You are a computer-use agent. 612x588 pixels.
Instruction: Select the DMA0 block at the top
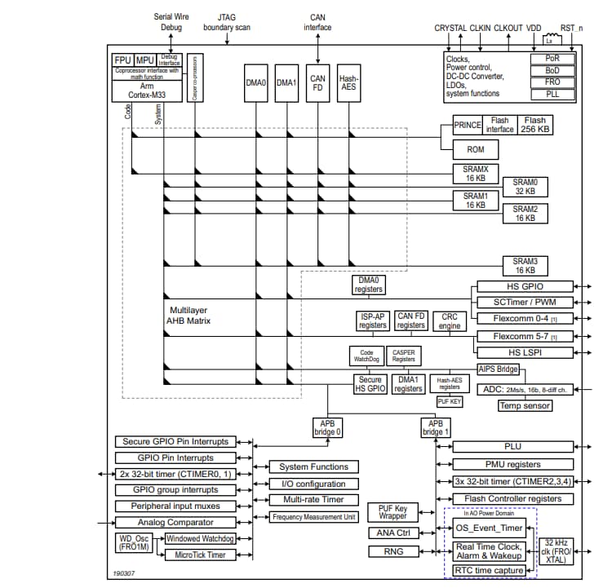tap(255, 82)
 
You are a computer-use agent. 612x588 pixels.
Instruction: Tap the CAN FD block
tap(317, 83)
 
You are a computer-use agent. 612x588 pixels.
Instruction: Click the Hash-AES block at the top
tap(349, 83)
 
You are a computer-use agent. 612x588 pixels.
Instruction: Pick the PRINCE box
tap(468, 126)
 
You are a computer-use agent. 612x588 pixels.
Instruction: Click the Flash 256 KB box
tap(535, 125)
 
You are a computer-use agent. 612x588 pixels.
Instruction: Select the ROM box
tap(475, 149)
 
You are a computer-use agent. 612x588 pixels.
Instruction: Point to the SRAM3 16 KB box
tap(525, 266)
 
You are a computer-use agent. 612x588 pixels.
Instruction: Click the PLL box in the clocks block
tap(552, 95)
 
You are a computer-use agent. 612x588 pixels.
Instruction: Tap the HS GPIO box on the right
tap(521, 286)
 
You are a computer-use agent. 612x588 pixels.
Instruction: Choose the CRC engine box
tap(450, 321)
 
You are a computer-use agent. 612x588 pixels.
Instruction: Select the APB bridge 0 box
tap(328, 426)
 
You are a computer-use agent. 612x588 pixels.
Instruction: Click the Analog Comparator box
tap(175, 522)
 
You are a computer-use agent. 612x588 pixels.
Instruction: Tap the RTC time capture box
tap(489, 570)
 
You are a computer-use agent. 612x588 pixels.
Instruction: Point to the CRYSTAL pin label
tap(450, 28)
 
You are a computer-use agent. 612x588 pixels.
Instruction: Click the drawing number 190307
tap(126, 573)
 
